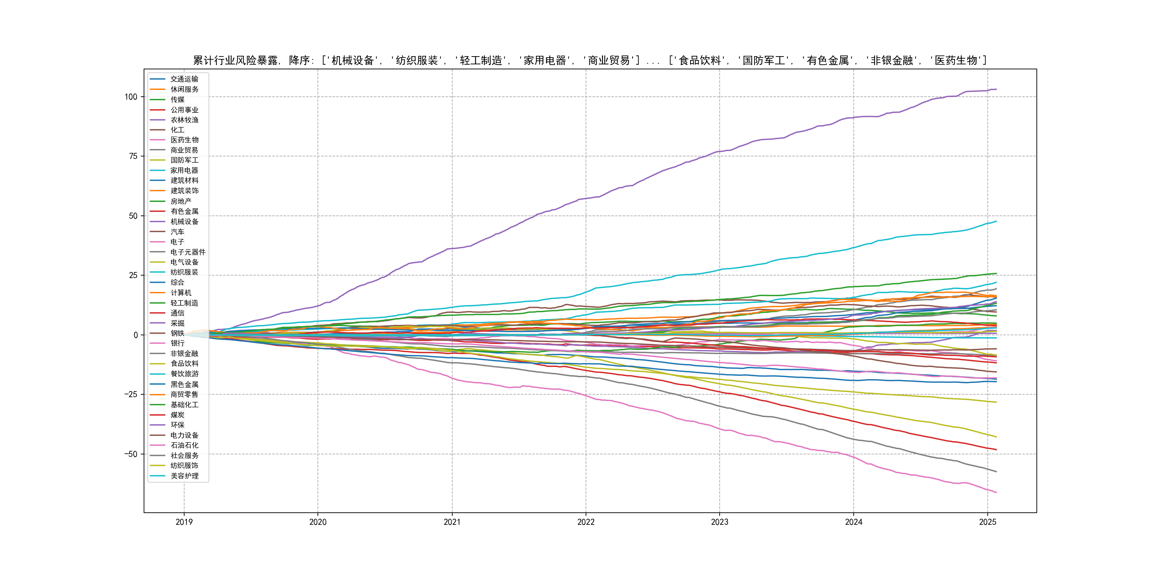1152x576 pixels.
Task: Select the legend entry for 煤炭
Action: [177, 415]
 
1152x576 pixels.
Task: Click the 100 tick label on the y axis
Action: [130, 97]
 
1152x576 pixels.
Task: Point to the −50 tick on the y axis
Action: [130, 454]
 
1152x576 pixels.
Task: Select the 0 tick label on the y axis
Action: [135, 335]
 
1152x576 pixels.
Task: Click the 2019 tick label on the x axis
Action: [184, 522]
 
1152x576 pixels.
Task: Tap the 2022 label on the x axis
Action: [586, 522]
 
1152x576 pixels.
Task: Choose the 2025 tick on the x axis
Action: [987, 522]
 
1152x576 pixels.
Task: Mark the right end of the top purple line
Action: [996, 90]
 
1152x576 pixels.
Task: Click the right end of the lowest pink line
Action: [996, 492]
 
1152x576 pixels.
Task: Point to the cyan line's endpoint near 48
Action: [996, 222]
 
